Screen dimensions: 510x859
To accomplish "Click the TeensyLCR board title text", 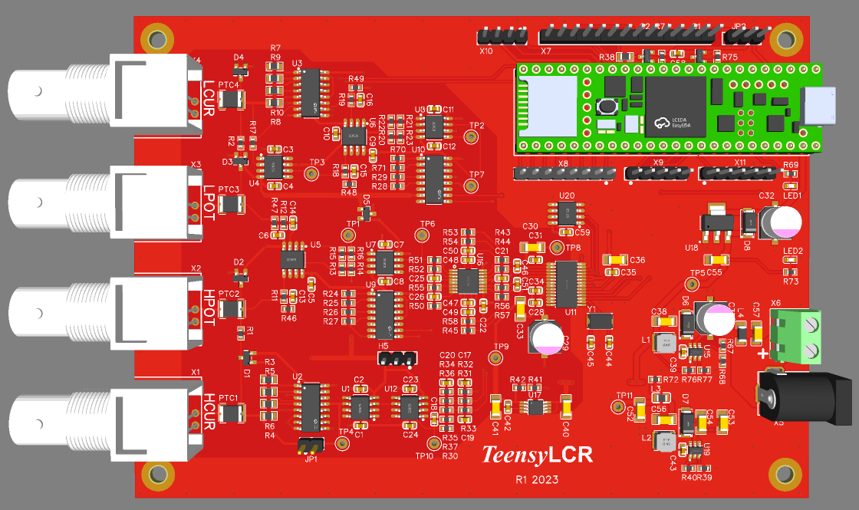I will tap(537, 455).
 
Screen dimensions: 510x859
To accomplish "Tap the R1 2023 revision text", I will tap(537, 480).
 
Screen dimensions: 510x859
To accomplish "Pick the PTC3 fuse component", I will tap(230, 204).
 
